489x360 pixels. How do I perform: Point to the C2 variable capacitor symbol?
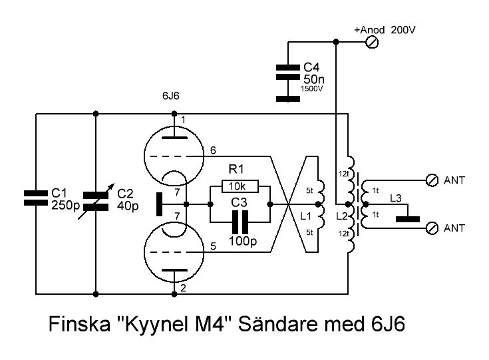pyautogui.click(x=96, y=199)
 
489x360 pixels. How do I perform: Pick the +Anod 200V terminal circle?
pyautogui.click(x=373, y=42)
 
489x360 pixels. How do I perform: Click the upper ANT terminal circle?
pyautogui.click(x=431, y=180)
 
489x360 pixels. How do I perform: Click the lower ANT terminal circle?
pyautogui.click(x=431, y=228)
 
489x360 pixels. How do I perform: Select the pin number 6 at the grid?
pyautogui.click(x=212, y=150)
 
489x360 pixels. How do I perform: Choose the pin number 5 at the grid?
pyautogui.click(x=212, y=247)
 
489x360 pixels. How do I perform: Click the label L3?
pyautogui.click(x=395, y=199)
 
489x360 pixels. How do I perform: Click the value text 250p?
pyautogui.click(x=65, y=205)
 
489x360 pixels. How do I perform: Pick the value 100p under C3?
pyautogui.click(x=243, y=240)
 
